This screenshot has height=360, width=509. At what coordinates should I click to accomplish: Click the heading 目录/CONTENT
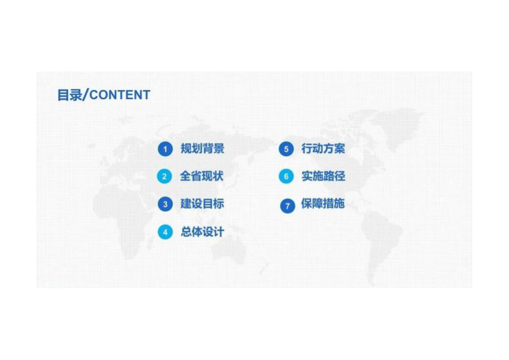coord(103,95)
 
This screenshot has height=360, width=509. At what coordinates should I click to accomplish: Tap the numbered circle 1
coord(165,149)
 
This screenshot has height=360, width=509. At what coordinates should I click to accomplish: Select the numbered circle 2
coord(164,176)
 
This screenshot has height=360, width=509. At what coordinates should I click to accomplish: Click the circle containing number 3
coord(165,204)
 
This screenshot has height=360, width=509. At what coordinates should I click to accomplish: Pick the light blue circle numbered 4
coord(165,232)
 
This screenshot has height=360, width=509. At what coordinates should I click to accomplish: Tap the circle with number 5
coord(286,149)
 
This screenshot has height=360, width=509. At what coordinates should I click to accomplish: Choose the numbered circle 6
coord(286,176)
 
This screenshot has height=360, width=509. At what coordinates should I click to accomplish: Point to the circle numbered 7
coord(287,205)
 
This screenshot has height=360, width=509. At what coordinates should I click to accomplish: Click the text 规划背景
coord(203,149)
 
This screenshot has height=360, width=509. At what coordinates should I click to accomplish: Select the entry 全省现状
coord(201,176)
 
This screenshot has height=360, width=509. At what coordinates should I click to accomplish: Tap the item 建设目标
coord(203,204)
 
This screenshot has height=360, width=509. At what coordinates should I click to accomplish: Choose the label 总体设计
coord(203,232)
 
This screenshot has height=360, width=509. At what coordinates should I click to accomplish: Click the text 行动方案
coord(323,149)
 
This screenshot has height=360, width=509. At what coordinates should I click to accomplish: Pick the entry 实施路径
coord(323,176)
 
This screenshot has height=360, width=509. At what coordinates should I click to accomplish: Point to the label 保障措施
coord(323,204)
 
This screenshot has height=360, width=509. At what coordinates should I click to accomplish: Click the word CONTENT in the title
coord(120,95)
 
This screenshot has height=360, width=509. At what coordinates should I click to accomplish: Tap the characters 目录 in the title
coord(70,95)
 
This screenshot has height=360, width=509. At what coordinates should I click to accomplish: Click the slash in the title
coord(86,95)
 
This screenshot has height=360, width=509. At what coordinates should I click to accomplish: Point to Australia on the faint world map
coord(230,249)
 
